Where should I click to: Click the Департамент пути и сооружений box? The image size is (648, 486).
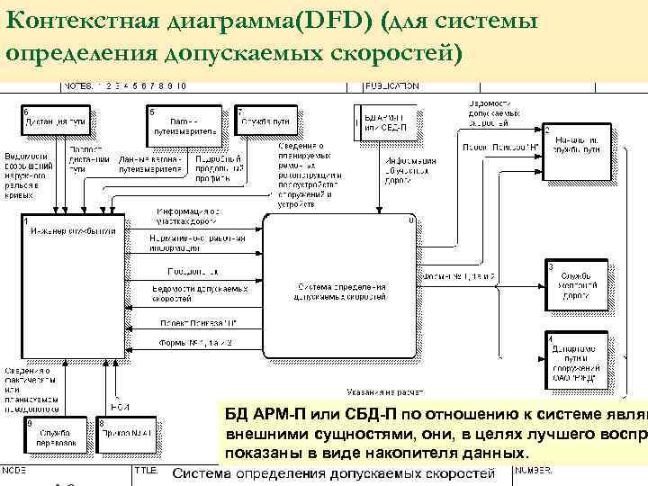(x=575, y=359)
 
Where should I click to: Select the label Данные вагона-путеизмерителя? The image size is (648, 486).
(x=151, y=164)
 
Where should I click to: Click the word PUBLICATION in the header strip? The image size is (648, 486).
(x=392, y=86)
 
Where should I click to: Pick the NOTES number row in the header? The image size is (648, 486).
(x=125, y=86)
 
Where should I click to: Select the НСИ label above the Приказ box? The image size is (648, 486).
(x=121, y=406)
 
